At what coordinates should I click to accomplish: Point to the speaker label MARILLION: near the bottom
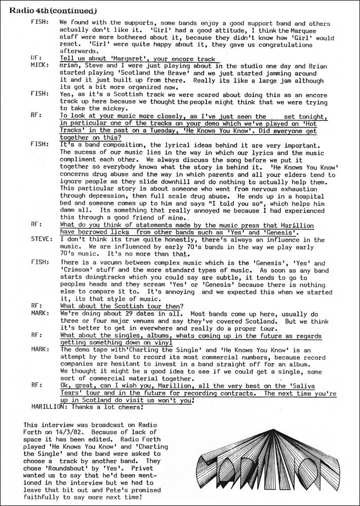[45, 406]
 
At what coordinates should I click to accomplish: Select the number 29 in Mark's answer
[124, 314]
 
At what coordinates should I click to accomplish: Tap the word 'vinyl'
[163, 343]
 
